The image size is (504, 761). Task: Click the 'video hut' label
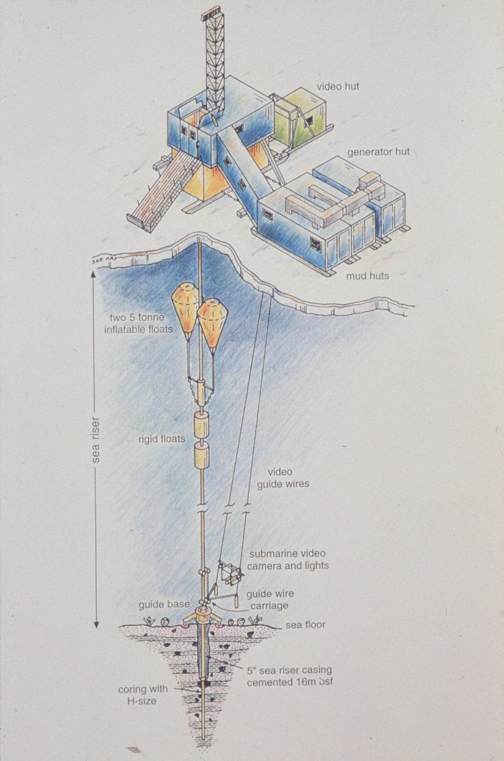point(338,86)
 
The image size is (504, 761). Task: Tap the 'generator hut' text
point(379,151)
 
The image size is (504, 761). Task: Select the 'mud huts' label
point(367,276)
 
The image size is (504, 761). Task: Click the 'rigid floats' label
point(162,439)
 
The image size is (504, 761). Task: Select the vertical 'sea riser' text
point(96,440)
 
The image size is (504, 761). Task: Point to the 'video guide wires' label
point(283,478)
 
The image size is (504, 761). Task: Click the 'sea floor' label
point(305,624)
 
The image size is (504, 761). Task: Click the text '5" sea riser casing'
point(289,670)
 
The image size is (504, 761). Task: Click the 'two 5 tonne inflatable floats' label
point(138,323)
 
